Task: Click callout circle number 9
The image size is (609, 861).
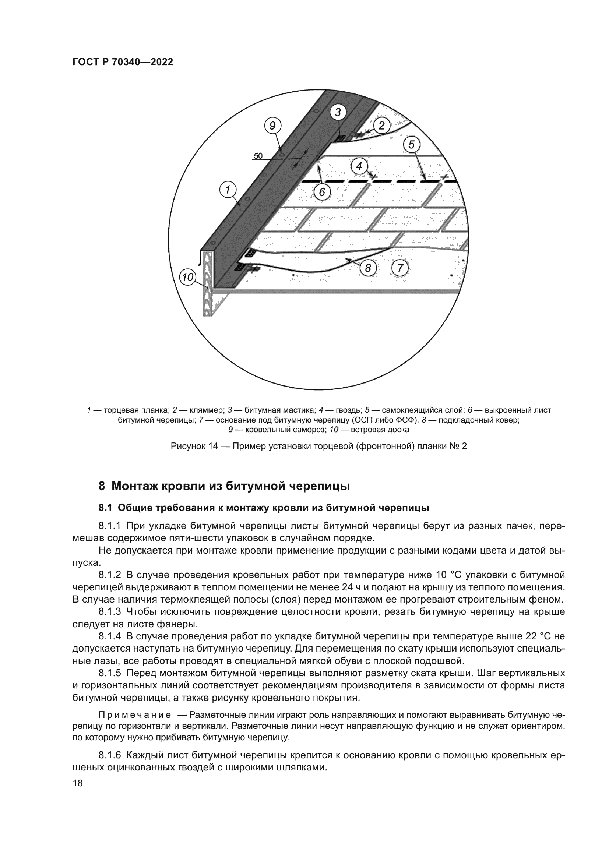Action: click(272, 126)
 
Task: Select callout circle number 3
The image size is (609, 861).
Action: click(338, 112)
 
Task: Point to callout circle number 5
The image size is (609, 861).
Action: click(412, 144)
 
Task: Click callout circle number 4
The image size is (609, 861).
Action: click(359, 166)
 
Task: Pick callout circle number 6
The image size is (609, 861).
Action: click(322, 192)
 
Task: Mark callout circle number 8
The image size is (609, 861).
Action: click(368, 268)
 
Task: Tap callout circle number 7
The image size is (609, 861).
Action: click(400, 268)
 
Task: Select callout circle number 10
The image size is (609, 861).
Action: click(187, 278)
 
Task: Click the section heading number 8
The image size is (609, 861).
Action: click(101, 486)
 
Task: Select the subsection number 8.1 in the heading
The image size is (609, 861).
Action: click(106, 508)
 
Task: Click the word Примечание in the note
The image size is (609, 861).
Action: click(135, 714)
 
